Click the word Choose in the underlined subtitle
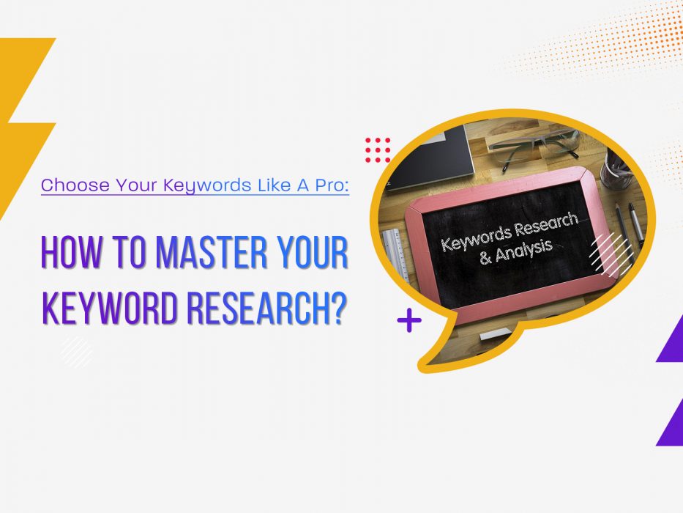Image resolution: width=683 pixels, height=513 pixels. click(75, 185)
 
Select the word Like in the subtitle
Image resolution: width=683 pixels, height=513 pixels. click(274, 185)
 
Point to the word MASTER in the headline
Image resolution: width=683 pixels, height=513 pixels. click(212, 252)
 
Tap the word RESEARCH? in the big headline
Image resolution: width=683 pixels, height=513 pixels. click(267, 308)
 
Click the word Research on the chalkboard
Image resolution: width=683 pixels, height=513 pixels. click(546, 226)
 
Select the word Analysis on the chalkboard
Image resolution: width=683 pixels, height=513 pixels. click(524, 252)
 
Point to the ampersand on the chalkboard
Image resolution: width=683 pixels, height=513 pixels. click(485, 258)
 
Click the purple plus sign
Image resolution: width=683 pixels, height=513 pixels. click(409, 321)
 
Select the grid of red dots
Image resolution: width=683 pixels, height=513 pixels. click(378, 150)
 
